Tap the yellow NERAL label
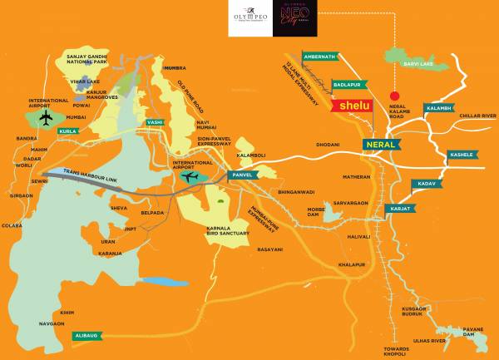[382, 144]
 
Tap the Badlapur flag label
[346, 85]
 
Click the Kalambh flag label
[439, 108]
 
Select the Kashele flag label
[462, 155]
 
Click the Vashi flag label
[155, 121]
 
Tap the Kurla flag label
[67, 131]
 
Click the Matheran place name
[357, 176]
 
